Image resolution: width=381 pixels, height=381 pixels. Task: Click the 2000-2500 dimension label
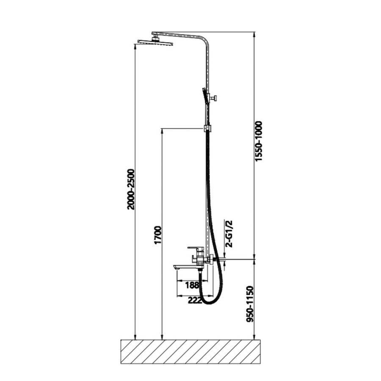131,189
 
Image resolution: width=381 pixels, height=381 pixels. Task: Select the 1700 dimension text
158,235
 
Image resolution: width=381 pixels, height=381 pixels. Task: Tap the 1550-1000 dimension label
259,141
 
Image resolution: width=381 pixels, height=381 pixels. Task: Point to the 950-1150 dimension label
250,304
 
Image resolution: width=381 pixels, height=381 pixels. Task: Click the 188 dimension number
192,285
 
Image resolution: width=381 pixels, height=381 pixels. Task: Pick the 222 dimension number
195,300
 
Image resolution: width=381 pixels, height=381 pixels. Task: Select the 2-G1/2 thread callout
229,234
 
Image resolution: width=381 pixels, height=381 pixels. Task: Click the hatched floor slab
190,352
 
